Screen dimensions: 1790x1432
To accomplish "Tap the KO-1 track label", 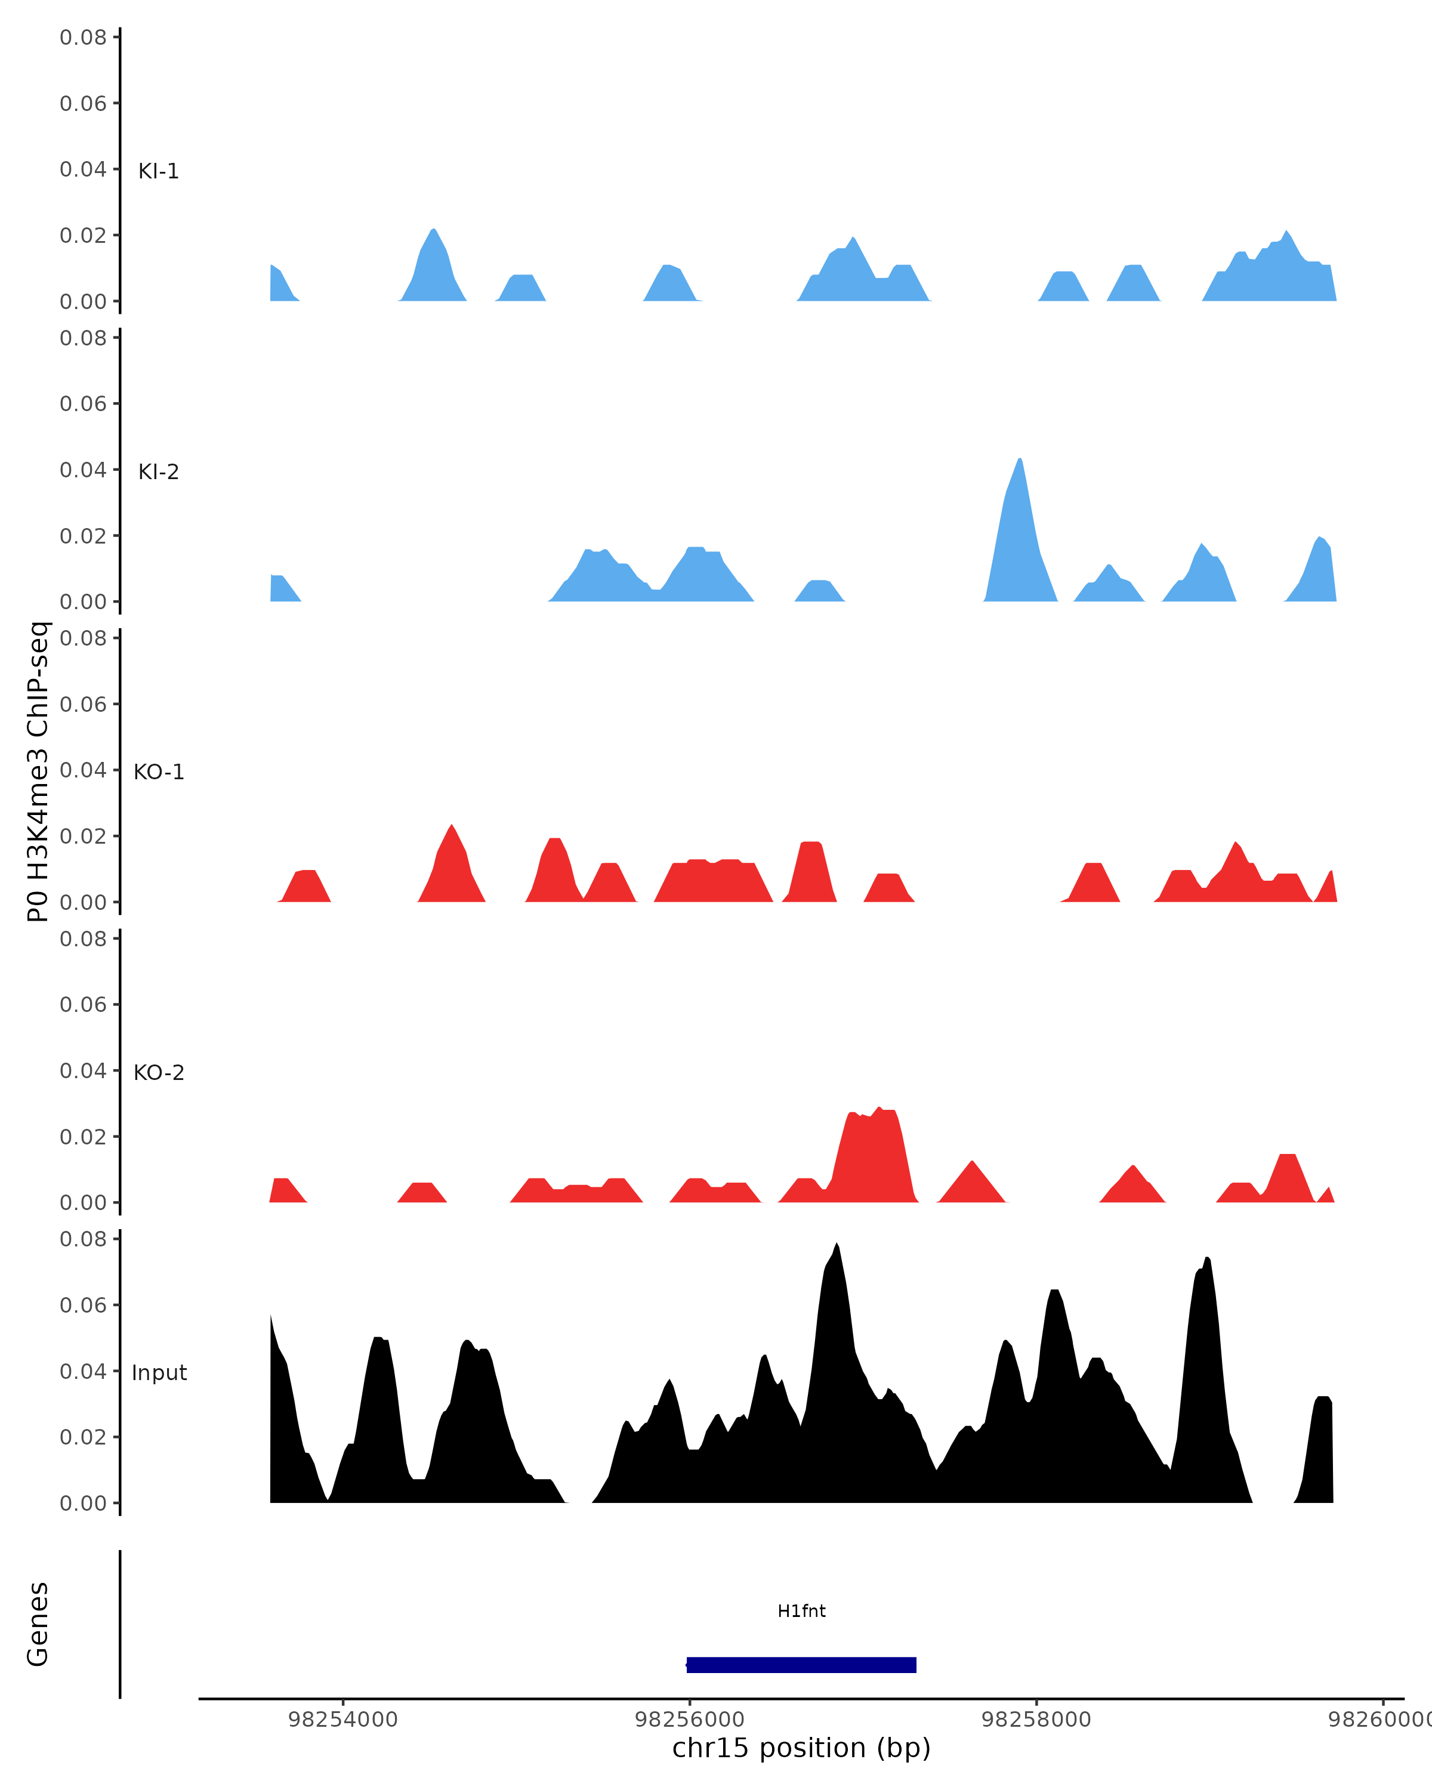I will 159,772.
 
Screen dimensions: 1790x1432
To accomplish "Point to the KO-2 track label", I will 159,1073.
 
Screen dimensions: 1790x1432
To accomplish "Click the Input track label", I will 159,1373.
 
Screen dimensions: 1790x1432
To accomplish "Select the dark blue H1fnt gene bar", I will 801,1665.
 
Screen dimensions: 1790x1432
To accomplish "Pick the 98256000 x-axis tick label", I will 689,1720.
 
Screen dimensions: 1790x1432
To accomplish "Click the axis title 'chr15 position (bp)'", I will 801,1748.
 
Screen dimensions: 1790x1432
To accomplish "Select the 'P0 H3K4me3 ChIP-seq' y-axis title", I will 38,771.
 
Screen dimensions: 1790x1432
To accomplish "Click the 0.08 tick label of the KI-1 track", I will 83,38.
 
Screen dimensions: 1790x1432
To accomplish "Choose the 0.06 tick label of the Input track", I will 83,1305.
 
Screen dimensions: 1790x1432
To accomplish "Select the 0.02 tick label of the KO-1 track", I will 83,836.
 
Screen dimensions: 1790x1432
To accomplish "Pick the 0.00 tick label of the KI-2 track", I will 83,602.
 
